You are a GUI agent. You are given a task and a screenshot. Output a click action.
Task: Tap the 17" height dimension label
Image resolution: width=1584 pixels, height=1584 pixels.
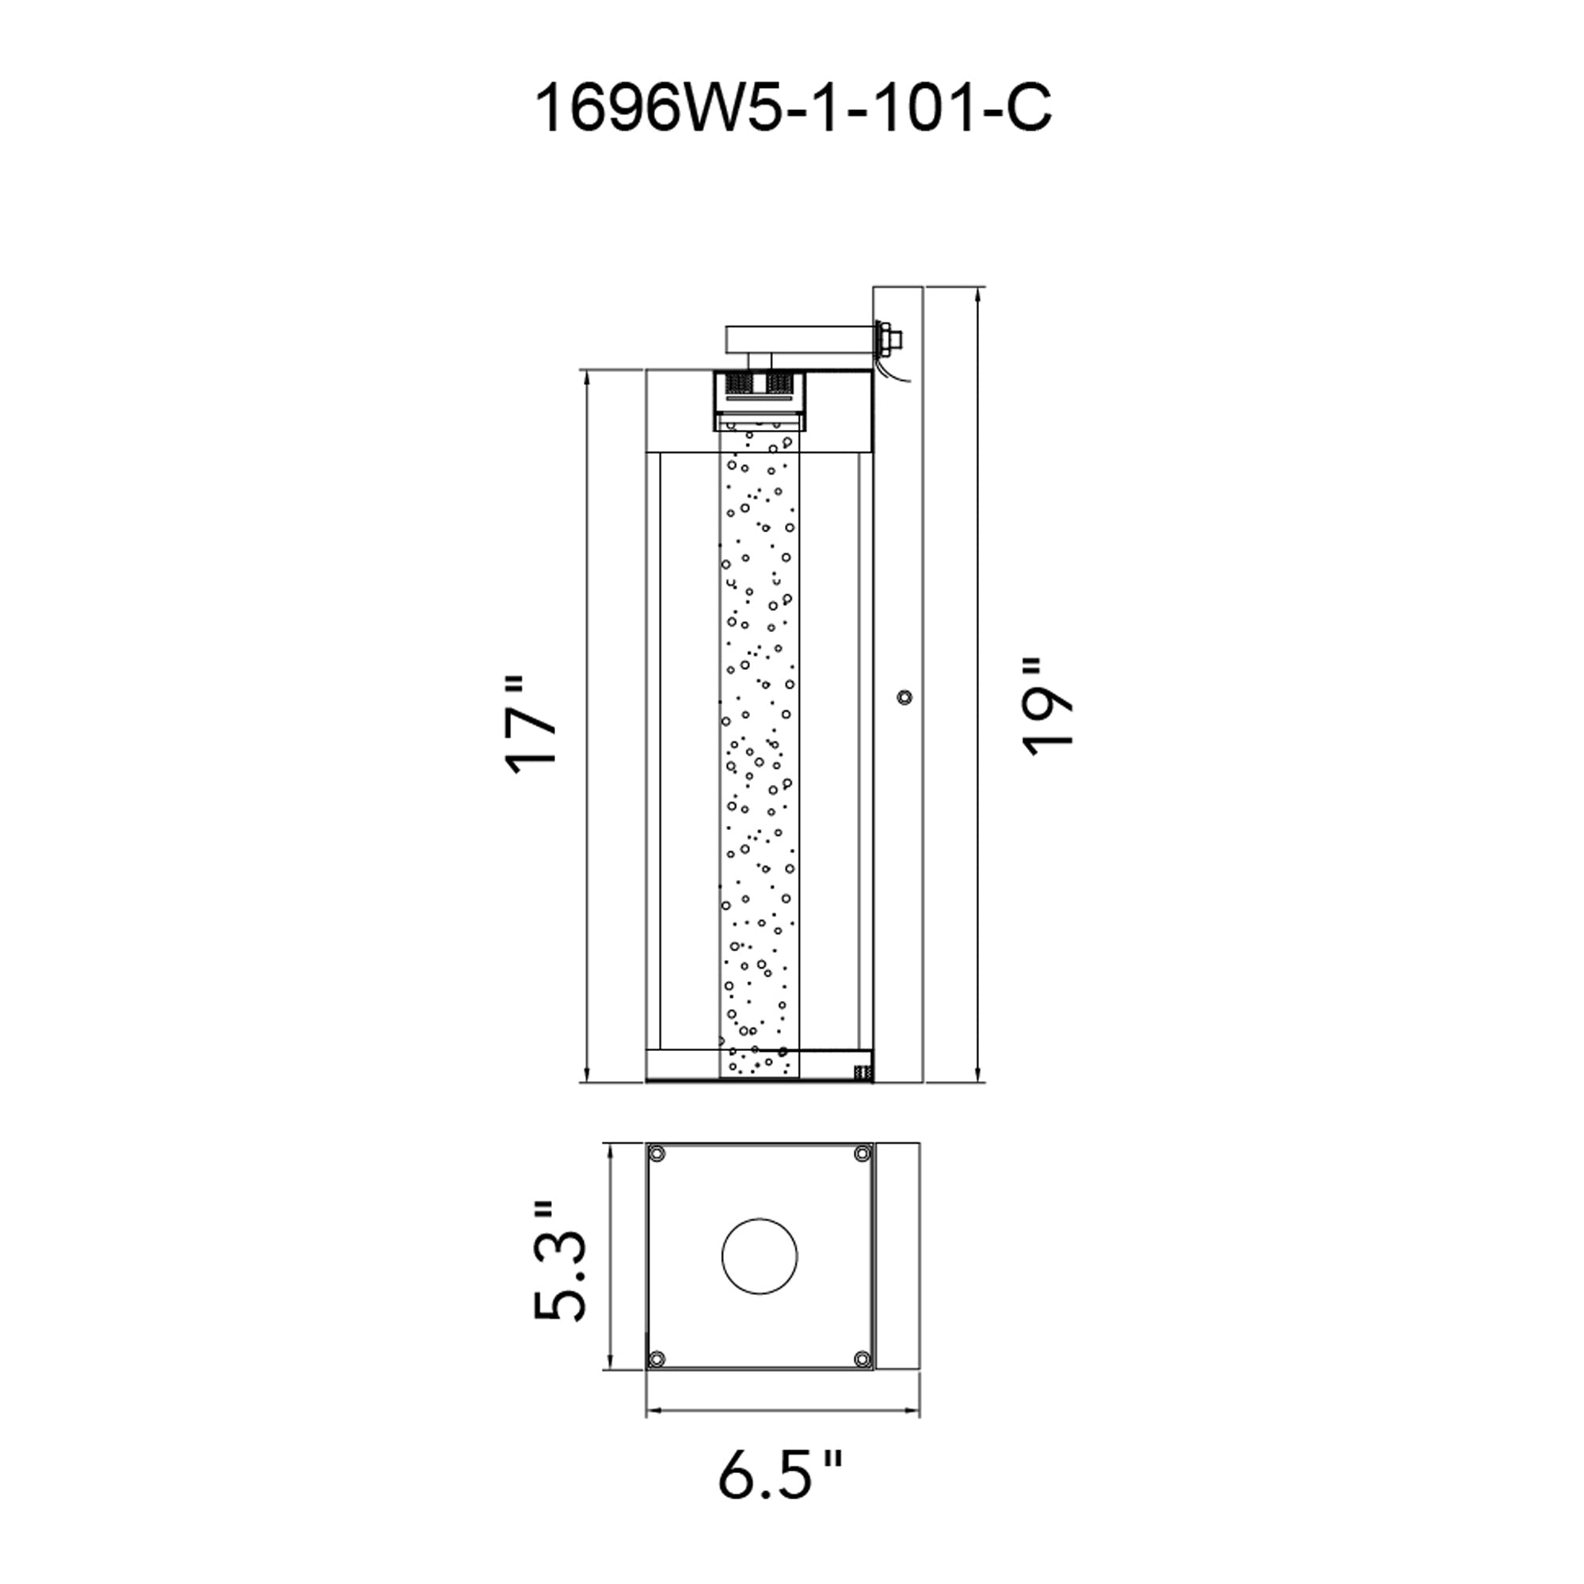531,725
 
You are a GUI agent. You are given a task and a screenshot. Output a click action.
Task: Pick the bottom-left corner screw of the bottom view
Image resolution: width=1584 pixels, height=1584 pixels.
657,1359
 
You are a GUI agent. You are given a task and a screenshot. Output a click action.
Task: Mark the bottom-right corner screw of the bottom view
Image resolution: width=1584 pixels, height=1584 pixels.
862,1359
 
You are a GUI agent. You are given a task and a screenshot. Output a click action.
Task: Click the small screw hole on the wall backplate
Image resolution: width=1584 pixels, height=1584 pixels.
904,698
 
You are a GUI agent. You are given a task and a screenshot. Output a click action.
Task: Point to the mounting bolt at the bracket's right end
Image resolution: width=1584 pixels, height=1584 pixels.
890,336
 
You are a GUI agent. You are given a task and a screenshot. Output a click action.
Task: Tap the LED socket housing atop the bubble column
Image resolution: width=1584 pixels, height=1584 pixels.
760,393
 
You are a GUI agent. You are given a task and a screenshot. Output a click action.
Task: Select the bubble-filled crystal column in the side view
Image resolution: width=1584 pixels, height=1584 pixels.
760,754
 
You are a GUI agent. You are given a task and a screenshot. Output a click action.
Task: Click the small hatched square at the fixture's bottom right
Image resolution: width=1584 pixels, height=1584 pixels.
861,1071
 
